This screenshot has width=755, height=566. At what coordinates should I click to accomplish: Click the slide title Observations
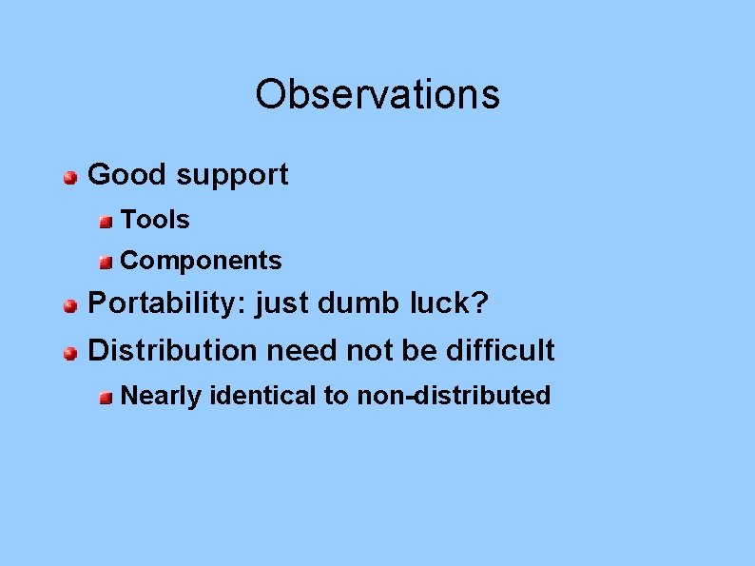(377, 94)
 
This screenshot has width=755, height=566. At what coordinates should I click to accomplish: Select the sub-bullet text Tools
(156, 220)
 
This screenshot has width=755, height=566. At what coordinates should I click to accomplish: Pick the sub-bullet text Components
(202, 261)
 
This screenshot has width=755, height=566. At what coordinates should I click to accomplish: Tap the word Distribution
(172, 350)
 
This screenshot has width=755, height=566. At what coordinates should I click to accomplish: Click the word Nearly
(162, 396)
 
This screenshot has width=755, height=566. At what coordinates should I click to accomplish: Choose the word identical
(263, 395)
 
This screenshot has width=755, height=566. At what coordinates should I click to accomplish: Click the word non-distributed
(454, 395)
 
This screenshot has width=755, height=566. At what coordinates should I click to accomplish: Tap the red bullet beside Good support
(70, 177)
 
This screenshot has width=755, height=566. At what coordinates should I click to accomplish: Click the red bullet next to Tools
(106, 222)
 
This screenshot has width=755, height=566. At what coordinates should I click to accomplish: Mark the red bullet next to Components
(106, 262)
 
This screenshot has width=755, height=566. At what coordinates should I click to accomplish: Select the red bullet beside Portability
(70, 308)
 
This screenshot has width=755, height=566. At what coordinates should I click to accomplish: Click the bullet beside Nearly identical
(106, 397)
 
